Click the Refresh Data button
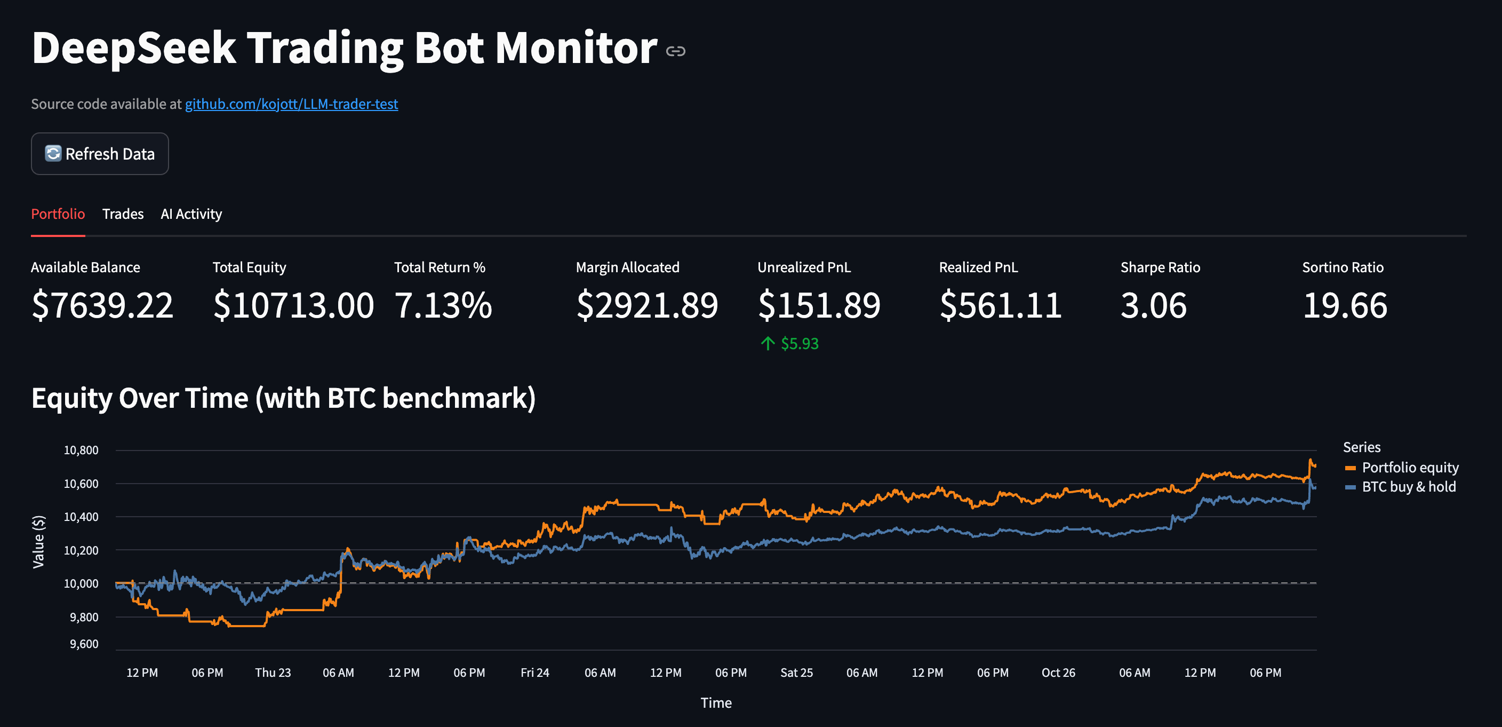click(100, 154)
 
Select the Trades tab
click(123, 214)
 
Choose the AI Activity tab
click(191, 214)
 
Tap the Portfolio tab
click(58, 214)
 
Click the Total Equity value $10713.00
click(293, 305)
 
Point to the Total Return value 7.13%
click(443, 305)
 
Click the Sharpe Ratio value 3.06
click(1153, 305)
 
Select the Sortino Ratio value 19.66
click(1345, 305)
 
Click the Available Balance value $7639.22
click(102, 305)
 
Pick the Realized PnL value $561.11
click(1001, 305)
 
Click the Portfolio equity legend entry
click(1409, 468)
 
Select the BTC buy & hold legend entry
click(1408, 487)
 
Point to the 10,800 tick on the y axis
click(81, 450)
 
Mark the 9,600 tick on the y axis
click(84, 644)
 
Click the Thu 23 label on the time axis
click(273, 673)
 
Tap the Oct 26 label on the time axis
click(1058, 673)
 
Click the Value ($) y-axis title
click(38, 541)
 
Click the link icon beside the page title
click(676, 51)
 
